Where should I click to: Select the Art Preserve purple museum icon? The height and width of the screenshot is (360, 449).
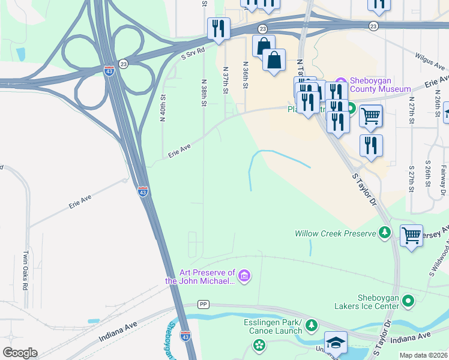pos(244,276)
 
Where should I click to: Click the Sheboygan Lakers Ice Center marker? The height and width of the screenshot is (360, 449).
pos(409,301)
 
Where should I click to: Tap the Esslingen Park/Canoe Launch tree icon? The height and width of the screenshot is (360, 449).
pos(311,325)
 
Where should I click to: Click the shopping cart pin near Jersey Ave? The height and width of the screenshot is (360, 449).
pos(411,235)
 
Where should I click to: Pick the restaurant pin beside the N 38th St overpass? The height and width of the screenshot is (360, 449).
pos(218,28)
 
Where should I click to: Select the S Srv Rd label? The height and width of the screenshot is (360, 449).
pos(193,55)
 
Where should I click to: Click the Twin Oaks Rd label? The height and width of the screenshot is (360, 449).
pos(26,271)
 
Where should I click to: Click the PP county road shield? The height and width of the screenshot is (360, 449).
pos(203,305)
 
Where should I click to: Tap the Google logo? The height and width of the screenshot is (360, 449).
pos(20,353)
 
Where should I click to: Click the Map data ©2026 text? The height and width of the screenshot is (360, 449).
pos(423,355)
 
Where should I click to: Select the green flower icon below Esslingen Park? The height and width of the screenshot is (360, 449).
pos(259,346)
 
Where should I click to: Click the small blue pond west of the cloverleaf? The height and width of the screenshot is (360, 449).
pos(21,55)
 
